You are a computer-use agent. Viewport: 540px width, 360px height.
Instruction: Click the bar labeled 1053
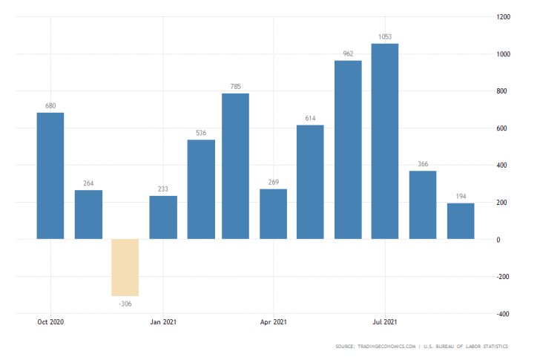tap(385, 141)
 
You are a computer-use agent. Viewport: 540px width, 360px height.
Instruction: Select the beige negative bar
tap(125, 267)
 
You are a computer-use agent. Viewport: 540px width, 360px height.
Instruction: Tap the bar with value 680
tap(50, 176)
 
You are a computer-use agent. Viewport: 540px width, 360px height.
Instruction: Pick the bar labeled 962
tap(348, 150)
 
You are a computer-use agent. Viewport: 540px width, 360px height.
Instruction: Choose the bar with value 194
tap(460, 221)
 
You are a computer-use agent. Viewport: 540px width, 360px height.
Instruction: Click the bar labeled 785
tap(236, 166)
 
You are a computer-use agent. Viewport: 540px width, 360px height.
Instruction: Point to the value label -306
tap(125, 304)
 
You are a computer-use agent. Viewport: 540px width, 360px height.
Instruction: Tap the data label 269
tap(273, 183)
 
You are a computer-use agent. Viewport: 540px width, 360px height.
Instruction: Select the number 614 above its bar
tap(311, 119)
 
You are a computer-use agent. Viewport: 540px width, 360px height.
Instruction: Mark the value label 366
tap(423, 165)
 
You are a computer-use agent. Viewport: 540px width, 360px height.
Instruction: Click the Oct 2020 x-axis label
tap(50, 322)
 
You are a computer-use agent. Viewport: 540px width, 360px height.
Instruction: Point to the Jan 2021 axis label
tap(162, 322)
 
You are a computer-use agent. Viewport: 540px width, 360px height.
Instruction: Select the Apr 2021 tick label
tap(274, 322)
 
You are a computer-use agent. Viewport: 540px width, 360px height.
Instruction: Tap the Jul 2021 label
tap(385, 322)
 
